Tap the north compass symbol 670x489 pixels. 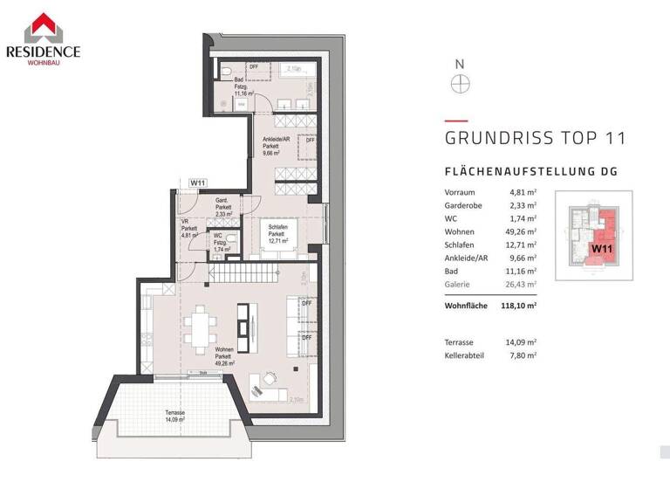[460, 83]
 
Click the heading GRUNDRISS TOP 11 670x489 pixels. [535, 138]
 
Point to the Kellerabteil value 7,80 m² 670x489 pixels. [523, 355]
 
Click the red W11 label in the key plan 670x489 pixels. [600, 249]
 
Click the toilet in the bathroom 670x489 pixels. [225, 69]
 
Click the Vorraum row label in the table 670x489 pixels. [459, 193]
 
